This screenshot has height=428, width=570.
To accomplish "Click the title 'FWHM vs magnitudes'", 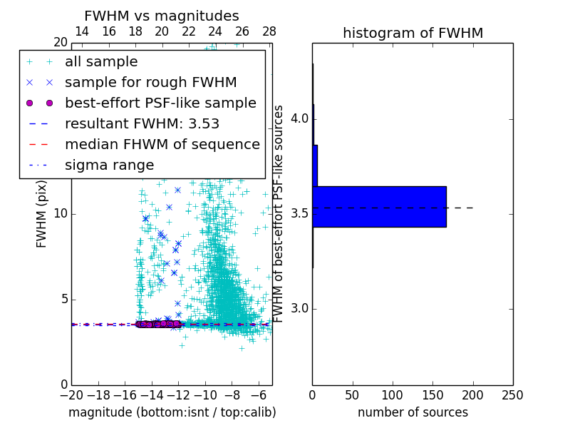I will (161, 16).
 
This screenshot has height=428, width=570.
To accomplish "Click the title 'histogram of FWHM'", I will (413, 33).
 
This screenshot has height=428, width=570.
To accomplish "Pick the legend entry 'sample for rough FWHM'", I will (150, 83).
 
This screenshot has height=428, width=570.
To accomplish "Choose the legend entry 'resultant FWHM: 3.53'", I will (142, 123).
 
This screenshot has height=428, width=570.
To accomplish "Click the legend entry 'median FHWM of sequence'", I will (162, 144).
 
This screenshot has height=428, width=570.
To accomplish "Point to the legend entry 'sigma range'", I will (109, 165).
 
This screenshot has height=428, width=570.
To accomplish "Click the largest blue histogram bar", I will (379, 207).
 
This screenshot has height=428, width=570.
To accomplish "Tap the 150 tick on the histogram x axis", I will (432, 394).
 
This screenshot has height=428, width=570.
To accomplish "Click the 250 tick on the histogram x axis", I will (512, 394).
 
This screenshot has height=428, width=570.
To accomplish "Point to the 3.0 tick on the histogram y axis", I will (299, 308).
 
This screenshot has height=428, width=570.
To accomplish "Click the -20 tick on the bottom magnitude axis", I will (71, 394).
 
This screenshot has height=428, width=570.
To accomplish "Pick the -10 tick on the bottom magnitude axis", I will (205, 394).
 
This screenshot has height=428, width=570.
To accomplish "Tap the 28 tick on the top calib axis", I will (269, 31).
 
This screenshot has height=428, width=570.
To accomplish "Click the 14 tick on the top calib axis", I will (82, 31).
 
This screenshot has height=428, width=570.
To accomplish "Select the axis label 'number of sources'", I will (413, 412).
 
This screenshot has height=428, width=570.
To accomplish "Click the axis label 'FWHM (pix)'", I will (42, 213).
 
